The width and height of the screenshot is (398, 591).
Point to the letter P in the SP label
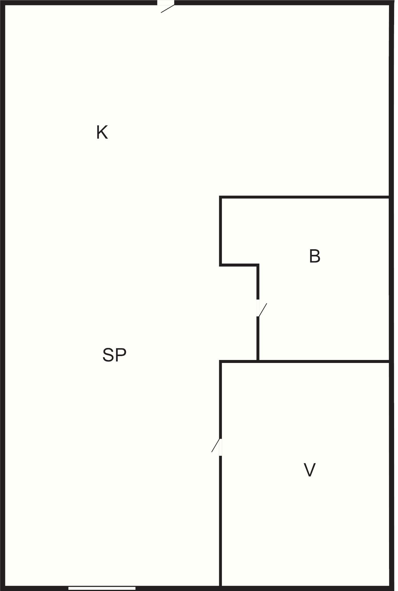pyautogui.click(x=121, y=355)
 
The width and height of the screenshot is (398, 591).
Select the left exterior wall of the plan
pyautogui.click(x=3, y=295)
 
